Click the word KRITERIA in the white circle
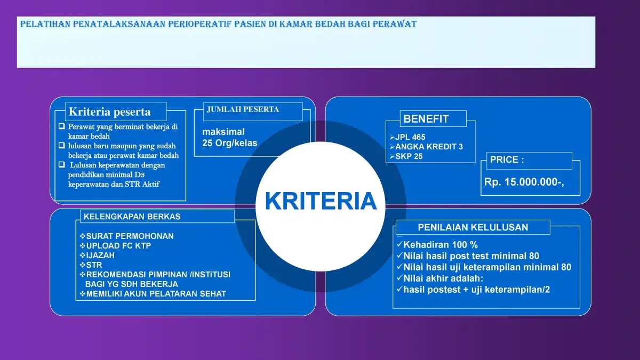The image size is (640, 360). coord(321,201)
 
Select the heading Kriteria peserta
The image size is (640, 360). coord(109,111)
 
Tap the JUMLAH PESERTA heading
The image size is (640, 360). coord(243,109)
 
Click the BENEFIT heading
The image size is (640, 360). coord(426,119)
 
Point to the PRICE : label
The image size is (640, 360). coord(507,159)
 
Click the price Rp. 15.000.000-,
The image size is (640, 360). coord(524,182)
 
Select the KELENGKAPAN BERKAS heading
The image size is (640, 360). coord(132,217)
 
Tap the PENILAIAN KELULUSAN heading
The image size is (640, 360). coord(473,227)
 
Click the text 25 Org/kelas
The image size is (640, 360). coord(230,143)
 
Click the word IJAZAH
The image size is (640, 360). coord(100,255)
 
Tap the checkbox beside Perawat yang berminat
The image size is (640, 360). coord(62,126)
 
